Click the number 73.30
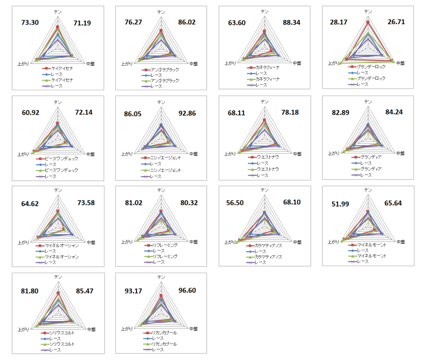point(30,22)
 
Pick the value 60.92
point(30,113)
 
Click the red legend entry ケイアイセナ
point(62,68)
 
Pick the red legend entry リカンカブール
point(165,333)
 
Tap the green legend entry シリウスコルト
point(62,344)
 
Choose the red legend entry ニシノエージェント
point(165,158)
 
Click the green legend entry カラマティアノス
point(268,257)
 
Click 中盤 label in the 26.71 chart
point(401,63)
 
